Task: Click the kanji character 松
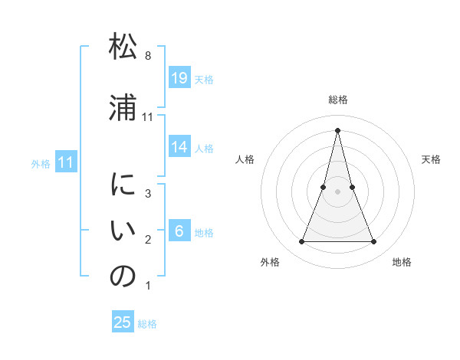123,47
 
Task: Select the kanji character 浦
123,106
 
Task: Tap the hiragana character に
123,186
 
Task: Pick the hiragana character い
123,231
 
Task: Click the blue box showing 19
179,78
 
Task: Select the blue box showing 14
179,147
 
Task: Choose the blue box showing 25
123,322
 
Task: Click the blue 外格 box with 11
66,162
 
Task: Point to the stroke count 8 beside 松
148,57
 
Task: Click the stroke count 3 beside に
148,195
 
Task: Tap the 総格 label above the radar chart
338,100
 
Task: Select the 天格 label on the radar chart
431,159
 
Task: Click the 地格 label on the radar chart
402,262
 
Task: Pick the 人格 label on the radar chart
245,159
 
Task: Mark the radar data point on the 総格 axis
338,129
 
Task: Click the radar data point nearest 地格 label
374,242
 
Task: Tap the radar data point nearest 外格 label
302,242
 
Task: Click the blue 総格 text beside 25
147,324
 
